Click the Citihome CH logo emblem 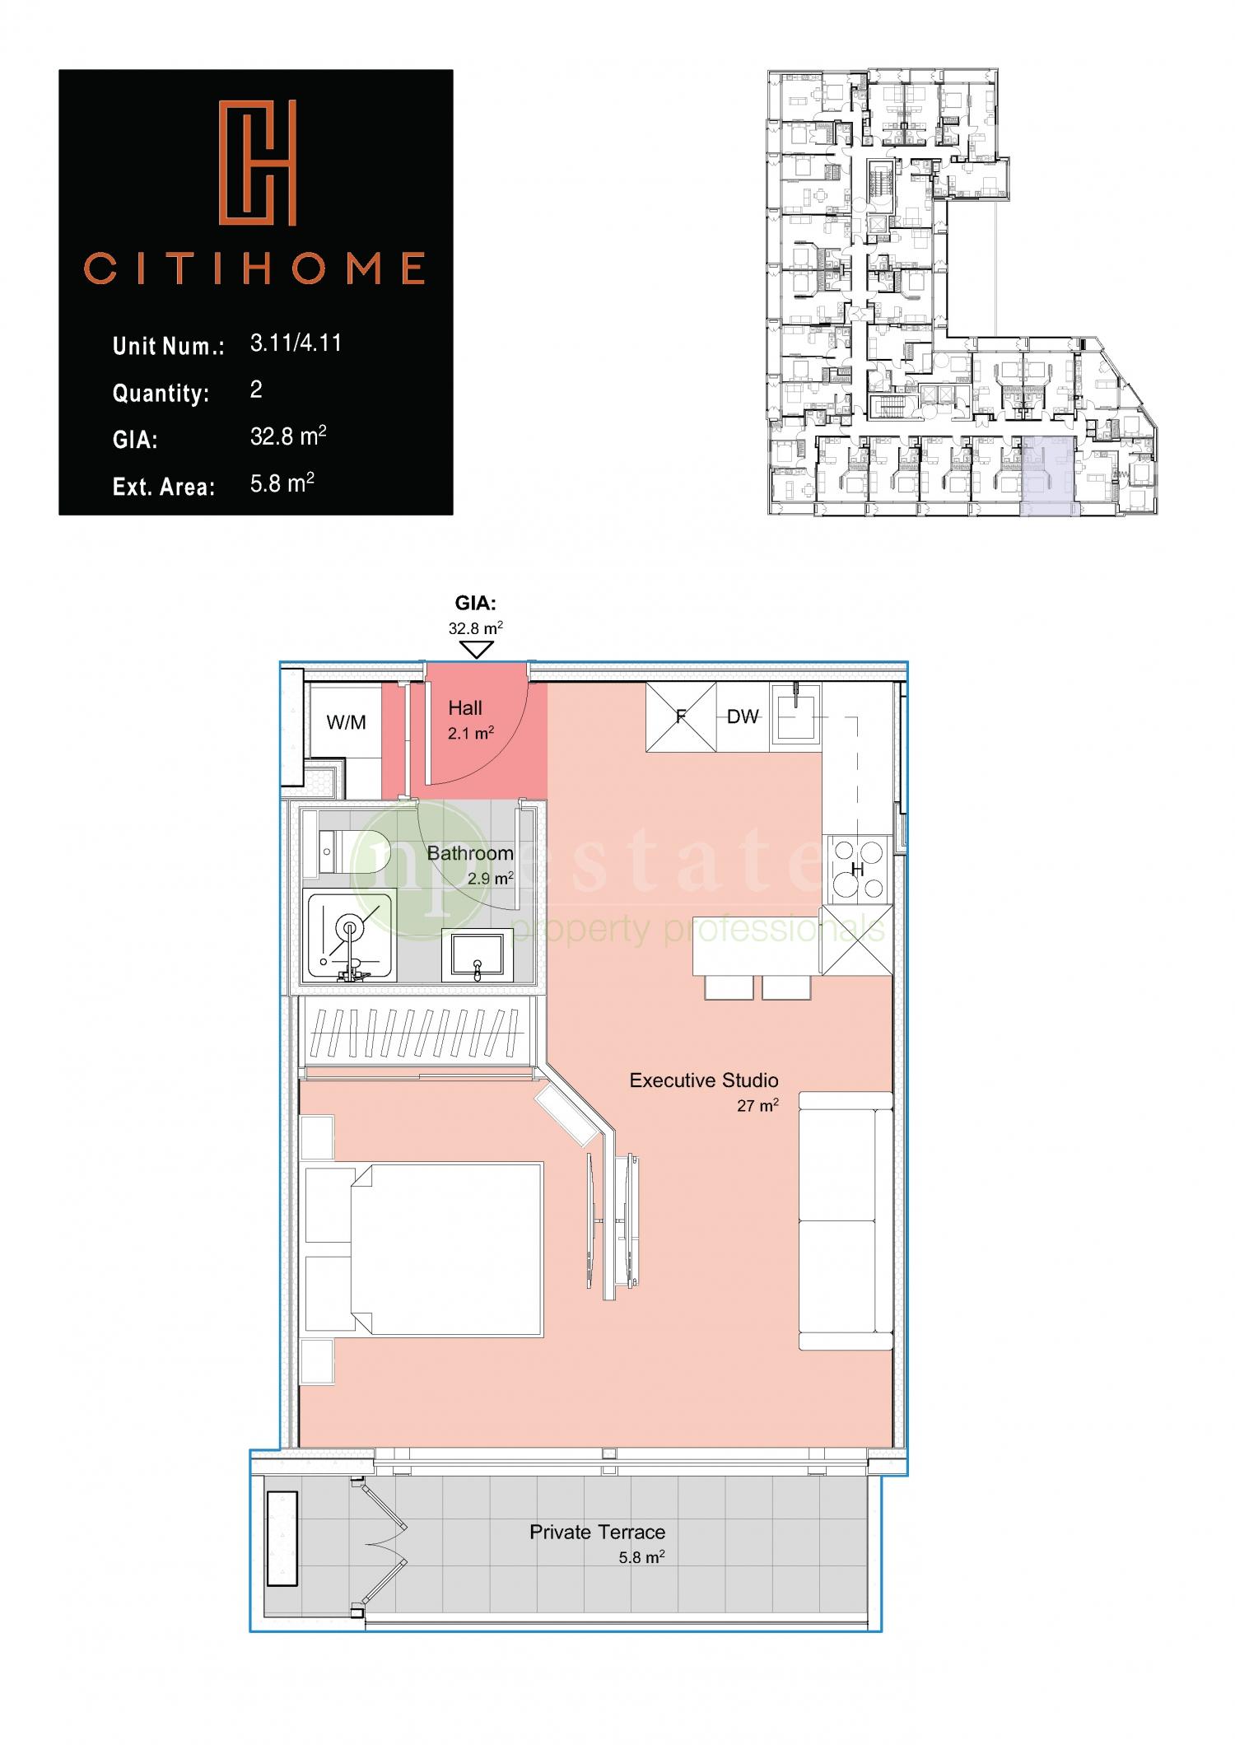point(256,163)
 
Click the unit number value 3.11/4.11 point(296,343)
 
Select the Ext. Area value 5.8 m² point(282,483)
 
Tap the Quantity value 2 point(256,390)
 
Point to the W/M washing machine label point(346,722)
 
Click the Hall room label point(465,707)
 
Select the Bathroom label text point(470,853)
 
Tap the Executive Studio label point(704,1080)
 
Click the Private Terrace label point(597,1532)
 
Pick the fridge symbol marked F point(681,716)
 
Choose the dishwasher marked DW point(743,716)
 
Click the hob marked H point(857,868)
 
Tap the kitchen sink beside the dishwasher point(796,716)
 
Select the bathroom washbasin point(477,954)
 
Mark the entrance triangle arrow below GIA point(476,650)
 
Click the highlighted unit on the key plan point(1048,476)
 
